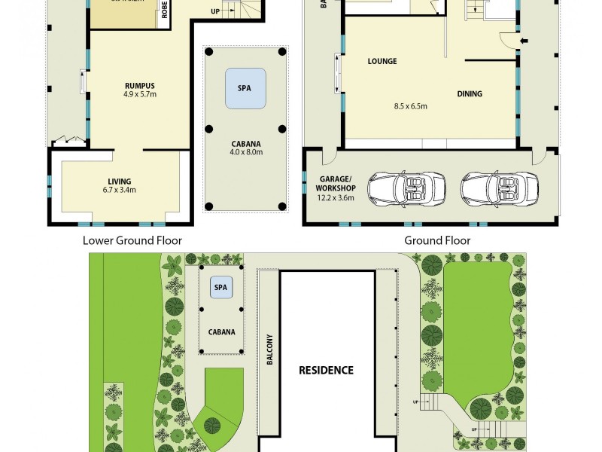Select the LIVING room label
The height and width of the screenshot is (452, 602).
point(119,181)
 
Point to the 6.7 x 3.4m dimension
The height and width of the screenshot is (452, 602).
point(119,191)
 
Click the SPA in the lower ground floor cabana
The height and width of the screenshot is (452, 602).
point(245,87)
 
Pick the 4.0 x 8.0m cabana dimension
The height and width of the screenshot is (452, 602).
point(247,151)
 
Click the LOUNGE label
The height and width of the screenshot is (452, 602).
point(382,61)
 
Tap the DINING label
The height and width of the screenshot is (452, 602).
point(470,94)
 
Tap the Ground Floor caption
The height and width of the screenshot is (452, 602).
point(437,240)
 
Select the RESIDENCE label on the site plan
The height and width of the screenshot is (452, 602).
point(326,370)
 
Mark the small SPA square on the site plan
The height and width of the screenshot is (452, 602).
point(221,287)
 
